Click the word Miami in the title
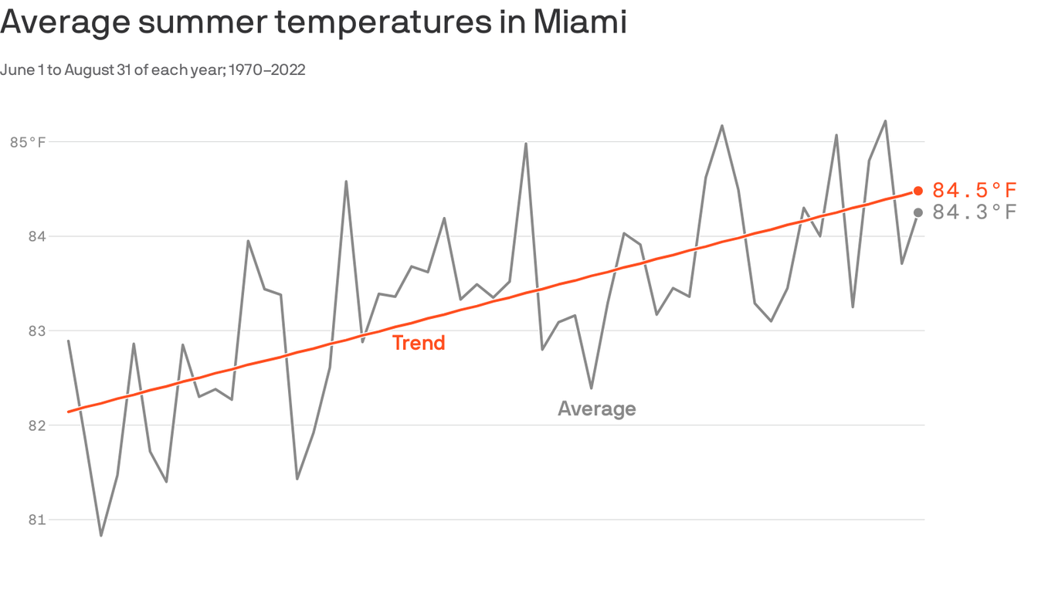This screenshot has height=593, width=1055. [578, 22]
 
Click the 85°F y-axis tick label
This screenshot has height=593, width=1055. [29, 142]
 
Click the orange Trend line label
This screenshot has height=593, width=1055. [419, 343]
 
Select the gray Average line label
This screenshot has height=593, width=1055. [596, 408]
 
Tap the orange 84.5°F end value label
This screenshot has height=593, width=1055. [974, 191]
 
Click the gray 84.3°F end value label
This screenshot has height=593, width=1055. [974, 212]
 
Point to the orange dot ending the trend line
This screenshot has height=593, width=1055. [918, 191]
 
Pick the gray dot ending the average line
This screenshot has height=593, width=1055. [918, 212]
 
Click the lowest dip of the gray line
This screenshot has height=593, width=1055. [101, 535]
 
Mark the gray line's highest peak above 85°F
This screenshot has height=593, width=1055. [885, 121]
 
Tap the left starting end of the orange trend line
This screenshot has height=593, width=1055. [69, 412]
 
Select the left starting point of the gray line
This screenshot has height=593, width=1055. [69, 341]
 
